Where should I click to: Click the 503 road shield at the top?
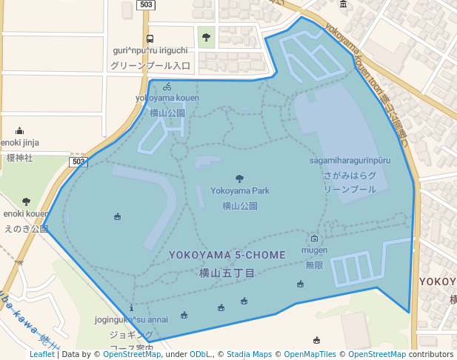pyautogui.click(x=146, y=5)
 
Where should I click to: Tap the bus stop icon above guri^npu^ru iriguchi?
pyautogui.click(x=150, y=39)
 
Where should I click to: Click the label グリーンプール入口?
pyautogui.click(x=150, y=66)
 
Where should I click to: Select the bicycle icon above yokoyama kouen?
pyautogui.click(x=167, y=86)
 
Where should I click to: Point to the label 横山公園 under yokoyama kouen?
pyautogui.click(x=167, y=113)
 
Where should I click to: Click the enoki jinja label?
pyautogui.click(x=20, y=142)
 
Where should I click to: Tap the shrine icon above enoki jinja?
pyautogui.click(x=19, y=130)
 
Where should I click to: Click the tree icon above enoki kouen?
pyautogui.click(x=27, y=201)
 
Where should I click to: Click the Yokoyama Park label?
pyautogui.click(x=239, y=190)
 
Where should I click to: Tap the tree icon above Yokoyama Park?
pyautogui.click(x=239, y=179)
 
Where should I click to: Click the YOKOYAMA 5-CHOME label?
pyautogui.click(x=227, y=255)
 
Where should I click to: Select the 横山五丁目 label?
pyautogui.click(x=227, y=273)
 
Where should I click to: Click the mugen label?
pyautogui.click(x=314, y=250)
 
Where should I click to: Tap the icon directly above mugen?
pyautogui.click(x=314, y=239)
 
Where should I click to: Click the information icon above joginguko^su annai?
pyautogui.click(x=131, y=307)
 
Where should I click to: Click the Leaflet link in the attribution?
pyautogui.click(x=41, y=354)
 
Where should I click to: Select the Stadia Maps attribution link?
pyautogui.click(x=249, y=354)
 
